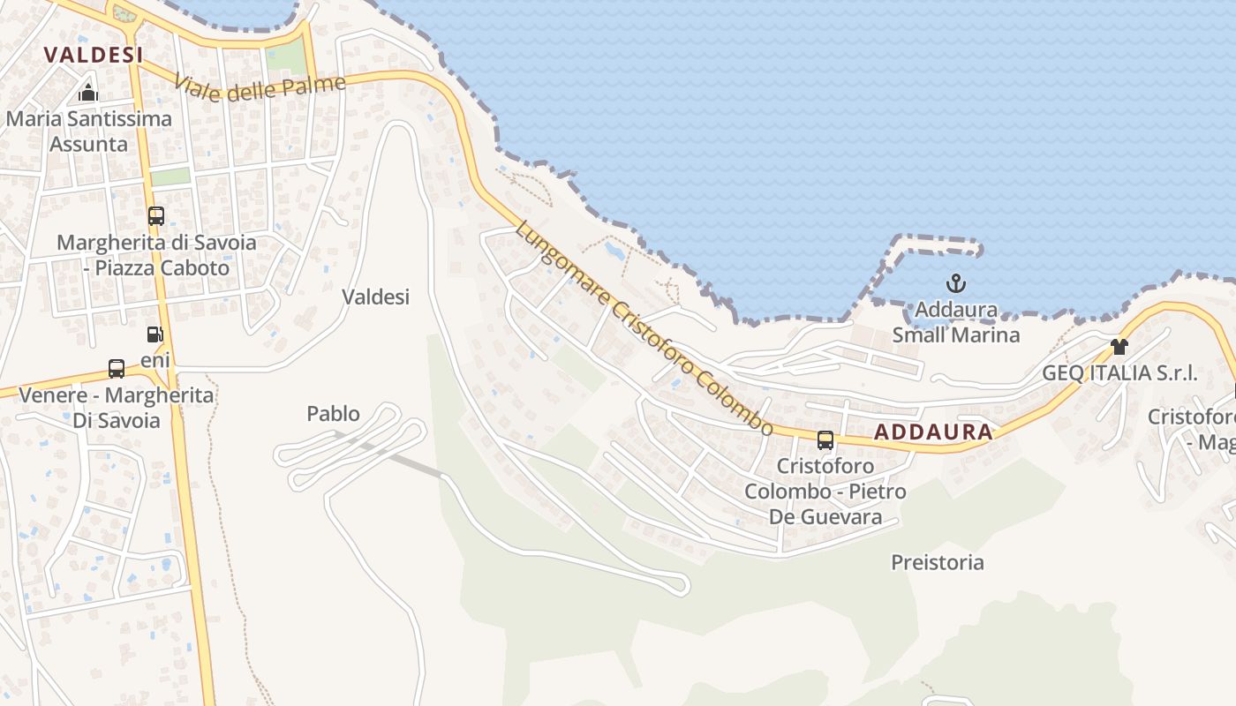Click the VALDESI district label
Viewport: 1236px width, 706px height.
click(x=93, y=55)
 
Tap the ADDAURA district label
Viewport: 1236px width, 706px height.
click(x=933, y=432)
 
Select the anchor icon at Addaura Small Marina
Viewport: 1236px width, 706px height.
click(x=955, y=283)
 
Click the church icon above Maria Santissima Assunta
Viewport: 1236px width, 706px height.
click(x=87, y=93)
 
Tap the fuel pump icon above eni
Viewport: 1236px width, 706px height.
click(x=154, y=334)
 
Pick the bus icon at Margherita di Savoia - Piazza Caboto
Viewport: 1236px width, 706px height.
click(x=156, y=216)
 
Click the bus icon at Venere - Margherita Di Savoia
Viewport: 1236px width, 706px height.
click(x=116, y=369)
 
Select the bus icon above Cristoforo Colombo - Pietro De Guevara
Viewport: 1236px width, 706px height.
click(x=825, y=439)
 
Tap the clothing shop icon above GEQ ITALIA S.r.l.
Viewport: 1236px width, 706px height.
click(x=1119, y=347)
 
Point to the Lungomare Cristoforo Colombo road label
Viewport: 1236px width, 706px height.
click(x=644, y=327)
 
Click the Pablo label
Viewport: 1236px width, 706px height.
click(x=333, y=413)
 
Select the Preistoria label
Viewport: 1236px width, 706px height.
click(x=937, y=562)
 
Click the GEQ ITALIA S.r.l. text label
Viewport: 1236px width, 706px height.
click(x=1119, y=372)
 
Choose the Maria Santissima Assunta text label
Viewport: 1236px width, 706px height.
click(x=88, y=131)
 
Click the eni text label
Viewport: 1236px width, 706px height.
click(x=155, y=360)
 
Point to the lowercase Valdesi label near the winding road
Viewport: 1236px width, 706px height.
click(x=375, y=297)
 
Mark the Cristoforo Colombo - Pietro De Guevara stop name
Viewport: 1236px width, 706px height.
click(x=825, y=491)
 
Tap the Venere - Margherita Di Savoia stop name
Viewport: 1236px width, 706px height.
click(x=117, y=407)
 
